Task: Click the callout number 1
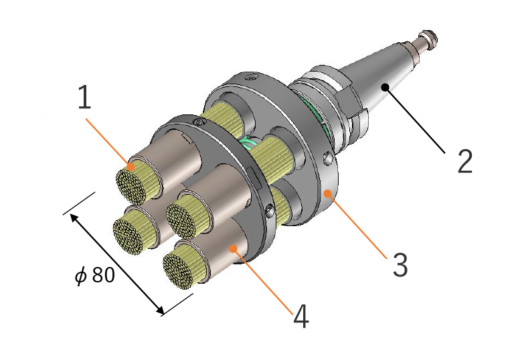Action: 84,97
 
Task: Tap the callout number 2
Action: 465,161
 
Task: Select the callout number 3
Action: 400,265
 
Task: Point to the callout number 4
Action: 301,316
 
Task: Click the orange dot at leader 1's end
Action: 131,167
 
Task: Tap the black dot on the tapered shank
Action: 385,87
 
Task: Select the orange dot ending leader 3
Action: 328,193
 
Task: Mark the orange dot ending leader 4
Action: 233,248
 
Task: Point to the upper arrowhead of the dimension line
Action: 74,217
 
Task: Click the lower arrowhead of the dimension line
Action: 159,310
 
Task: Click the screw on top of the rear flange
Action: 252,78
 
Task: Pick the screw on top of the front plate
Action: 199,122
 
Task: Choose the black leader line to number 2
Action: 416,120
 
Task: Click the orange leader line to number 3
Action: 357,226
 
